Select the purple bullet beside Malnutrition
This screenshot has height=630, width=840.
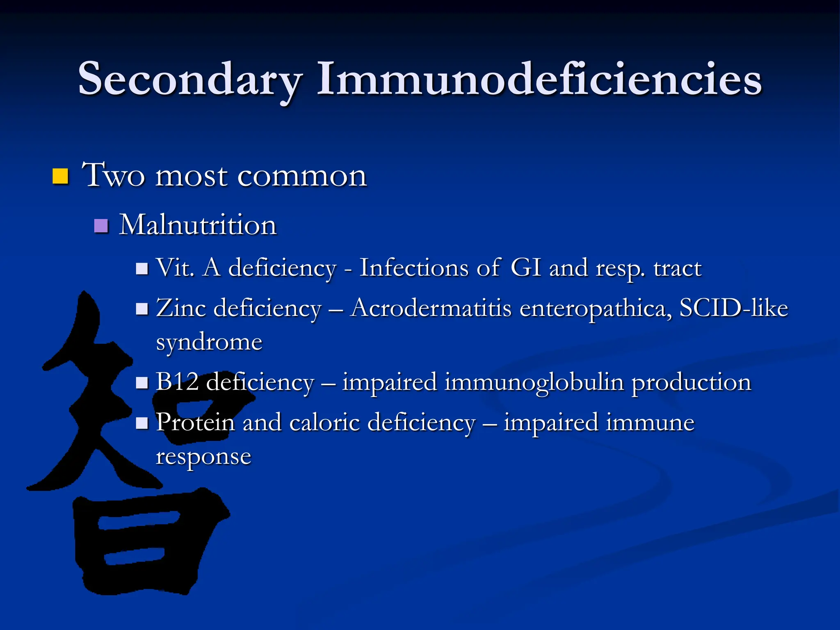pyautogui.click(x=101, y=226)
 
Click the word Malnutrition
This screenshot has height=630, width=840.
pyautogui.click(x=198, y=225)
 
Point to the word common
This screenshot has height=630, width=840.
pyautogui.click(x=302, y=176)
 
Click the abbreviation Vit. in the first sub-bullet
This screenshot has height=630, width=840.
pyautogui.click(x=175, y=268)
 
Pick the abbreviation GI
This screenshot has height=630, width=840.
pyautogui.click(x=526, y=268)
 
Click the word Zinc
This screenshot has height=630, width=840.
pyautogui.click(x=181, y=308)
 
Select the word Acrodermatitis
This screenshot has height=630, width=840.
pyautogui.click(x=431, y=308)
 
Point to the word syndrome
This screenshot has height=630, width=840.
pyautogui.click(x=209, y=342)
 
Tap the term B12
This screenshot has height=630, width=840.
pyautogui.click(x=177, y=382)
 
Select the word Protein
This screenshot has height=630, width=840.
pyautogui.click(x=196, y=422)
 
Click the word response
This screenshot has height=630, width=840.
pyautogui.click(x=203, y=457)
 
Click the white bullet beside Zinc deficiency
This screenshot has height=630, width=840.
pyautogui.click(x=142, y=308)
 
